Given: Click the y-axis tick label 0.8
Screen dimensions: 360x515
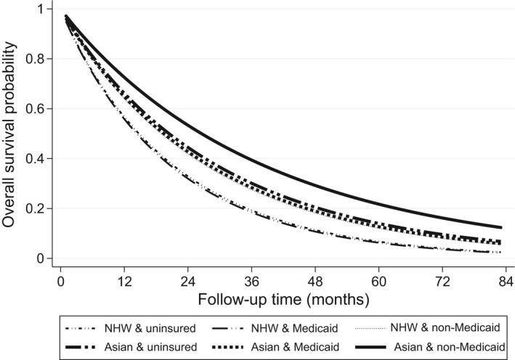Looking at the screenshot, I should (x=33, y=59).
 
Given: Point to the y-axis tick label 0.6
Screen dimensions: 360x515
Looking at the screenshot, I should (x=33, y=109).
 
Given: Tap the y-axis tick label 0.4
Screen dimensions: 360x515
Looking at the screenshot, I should (x=33, y=158).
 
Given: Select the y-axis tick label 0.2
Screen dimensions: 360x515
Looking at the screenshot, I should (x=33, y=208).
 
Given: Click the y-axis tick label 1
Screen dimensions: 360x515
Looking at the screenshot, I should (x=38, y=9).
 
